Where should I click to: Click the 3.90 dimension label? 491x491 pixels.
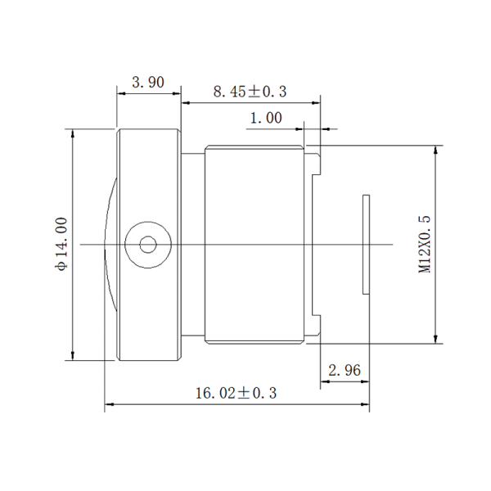click(148, 83)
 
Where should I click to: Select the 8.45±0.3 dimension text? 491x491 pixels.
click(250, 92)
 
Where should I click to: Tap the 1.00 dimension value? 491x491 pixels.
click(266, 118)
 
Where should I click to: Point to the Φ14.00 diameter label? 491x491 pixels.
click(61, 244)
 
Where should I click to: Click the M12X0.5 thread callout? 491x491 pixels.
click(424, 244)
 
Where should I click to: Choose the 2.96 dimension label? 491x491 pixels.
click(345, 371)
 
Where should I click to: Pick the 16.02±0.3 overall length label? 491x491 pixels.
click(236, 394)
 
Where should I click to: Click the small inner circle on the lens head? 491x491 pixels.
click(148, 245)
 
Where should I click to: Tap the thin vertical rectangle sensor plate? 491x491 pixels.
click(366, 244)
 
